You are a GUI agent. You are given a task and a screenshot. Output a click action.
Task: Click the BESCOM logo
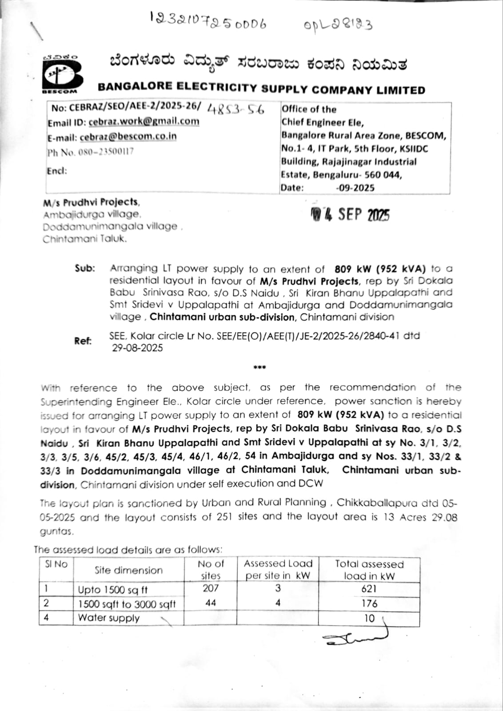[x=62, y=75]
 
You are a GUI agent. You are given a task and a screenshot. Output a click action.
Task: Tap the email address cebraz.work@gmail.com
[x=144, y=121]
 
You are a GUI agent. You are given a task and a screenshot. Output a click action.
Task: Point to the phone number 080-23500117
[x=106, y=152]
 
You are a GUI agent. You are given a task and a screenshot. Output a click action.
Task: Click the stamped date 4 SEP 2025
[x=350, y=215]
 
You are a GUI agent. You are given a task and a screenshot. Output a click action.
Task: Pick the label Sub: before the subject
[x=85, y=268]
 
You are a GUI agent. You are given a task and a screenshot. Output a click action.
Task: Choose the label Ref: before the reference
[x=83, y=341]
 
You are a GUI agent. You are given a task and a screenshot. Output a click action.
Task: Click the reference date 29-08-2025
[x=137, y=348]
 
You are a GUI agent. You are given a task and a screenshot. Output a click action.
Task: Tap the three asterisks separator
[x=259, y=367]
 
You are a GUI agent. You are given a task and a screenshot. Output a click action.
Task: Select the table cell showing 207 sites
[x=211, y=588]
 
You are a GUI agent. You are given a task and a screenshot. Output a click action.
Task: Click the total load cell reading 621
[x=369, y=589]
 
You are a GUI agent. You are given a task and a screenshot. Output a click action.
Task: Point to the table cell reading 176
[x=369, y=603]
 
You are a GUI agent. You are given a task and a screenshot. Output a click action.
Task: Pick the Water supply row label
[x=109, y=618]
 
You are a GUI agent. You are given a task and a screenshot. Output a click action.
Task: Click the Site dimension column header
[x=128, y=570]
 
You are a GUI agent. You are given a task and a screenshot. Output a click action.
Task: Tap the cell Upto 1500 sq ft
[x=113, y=590]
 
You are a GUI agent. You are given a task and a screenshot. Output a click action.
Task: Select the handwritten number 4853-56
[x=236, y=109]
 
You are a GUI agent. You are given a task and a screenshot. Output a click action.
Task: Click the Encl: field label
[x=57, y=171]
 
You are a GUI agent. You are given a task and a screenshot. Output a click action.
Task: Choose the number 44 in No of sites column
[x=211, y=603]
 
